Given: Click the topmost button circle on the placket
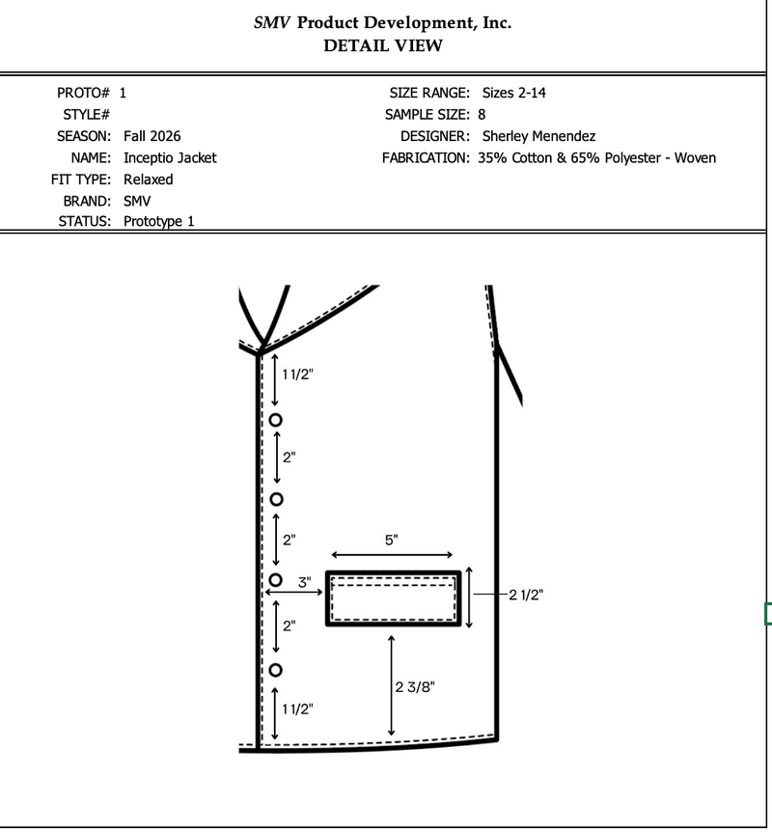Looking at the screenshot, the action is [275, 414].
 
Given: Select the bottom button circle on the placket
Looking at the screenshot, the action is [275, 664].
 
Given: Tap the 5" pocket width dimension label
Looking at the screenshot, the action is [392, 540].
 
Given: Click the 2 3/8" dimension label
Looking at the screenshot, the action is [415, 687].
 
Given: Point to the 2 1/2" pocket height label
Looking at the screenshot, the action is [526, 595].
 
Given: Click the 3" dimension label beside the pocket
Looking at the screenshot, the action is [304, 582].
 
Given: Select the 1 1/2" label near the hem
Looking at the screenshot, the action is [297, 709].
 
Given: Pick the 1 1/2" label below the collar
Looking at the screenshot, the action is [297, 375].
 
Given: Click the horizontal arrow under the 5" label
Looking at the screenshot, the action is [392, 555].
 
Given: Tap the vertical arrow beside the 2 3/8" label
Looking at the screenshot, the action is [392, 685].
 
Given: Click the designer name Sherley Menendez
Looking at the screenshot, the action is [538, 136].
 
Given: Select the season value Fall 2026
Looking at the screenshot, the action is [152, 136].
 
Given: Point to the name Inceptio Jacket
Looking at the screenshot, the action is [170, 158].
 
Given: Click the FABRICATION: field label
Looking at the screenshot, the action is [426, 158].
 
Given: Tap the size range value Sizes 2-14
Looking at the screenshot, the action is [513, 93].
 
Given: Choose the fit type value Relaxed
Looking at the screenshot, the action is [149, 180].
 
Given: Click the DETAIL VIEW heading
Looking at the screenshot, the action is [383, 45].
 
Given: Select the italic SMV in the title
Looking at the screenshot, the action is [272, 23].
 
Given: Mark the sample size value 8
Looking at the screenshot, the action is [482, 115].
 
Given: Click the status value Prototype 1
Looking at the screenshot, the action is [159, 222].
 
